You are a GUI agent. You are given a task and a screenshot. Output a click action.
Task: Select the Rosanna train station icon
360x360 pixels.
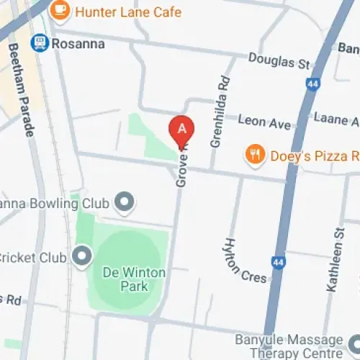pyautogui.click(x=40, y=44)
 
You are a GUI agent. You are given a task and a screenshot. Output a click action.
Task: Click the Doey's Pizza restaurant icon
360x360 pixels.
pyautogui.click(x=253, y=154)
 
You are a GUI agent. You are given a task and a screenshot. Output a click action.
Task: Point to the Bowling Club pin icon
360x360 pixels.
pyautogui.click(x=125, y=203)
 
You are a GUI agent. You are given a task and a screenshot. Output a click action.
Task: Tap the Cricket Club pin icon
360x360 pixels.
pyautogui.click(x=81, y=256)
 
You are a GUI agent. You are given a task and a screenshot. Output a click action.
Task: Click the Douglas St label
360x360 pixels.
pyautogui.click(x=272, y=62)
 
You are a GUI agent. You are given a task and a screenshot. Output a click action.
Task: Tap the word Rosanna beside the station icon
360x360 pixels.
pyautogui.click(x=78, y=45)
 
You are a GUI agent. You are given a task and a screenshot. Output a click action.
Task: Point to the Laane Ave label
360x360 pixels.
pyautogui.click(x=336, y=118)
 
